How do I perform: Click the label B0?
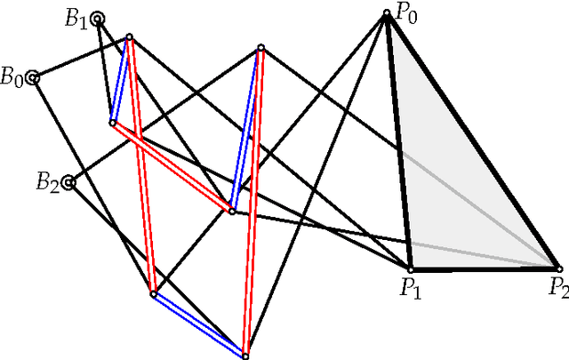[12, 76]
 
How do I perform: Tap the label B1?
[76, 20]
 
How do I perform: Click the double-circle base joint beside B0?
[33, 78]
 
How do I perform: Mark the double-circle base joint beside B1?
[97, 18]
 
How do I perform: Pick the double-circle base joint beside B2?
[68, 183]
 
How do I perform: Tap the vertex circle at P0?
[387, 13]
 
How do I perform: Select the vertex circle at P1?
[411, 268]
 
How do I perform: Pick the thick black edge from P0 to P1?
[398, 142]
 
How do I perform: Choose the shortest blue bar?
[121, 80]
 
